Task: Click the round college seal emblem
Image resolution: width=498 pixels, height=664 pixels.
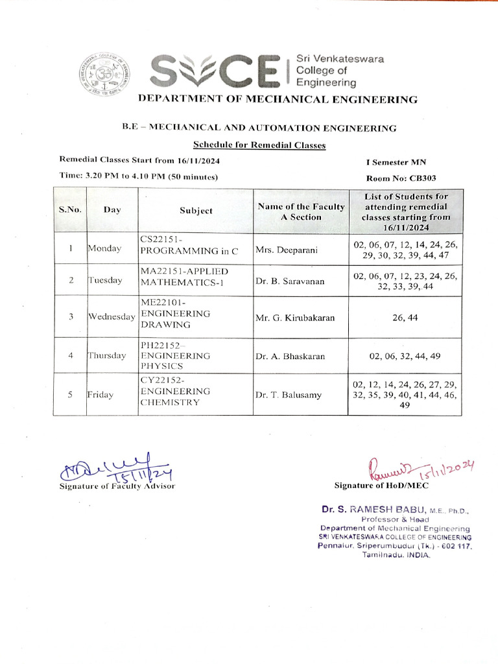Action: click(105, 73)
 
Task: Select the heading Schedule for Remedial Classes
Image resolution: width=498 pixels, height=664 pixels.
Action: click(259, 145)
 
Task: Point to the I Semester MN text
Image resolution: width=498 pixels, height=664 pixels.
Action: click(396, 161)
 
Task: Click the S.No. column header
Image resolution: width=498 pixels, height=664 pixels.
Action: click(70, 210)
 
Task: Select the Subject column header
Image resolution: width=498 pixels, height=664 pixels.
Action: click(196, 211)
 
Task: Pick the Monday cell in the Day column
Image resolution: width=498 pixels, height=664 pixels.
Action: click(104, 249)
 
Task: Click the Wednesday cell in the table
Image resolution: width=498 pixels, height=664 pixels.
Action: click(112, 316)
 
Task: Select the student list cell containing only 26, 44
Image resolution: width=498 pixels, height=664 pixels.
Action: click(405, 317)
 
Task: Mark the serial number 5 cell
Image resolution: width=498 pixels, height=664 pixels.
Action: click(70, 394)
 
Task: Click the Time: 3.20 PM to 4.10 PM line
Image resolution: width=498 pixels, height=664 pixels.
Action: click(138, 176)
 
